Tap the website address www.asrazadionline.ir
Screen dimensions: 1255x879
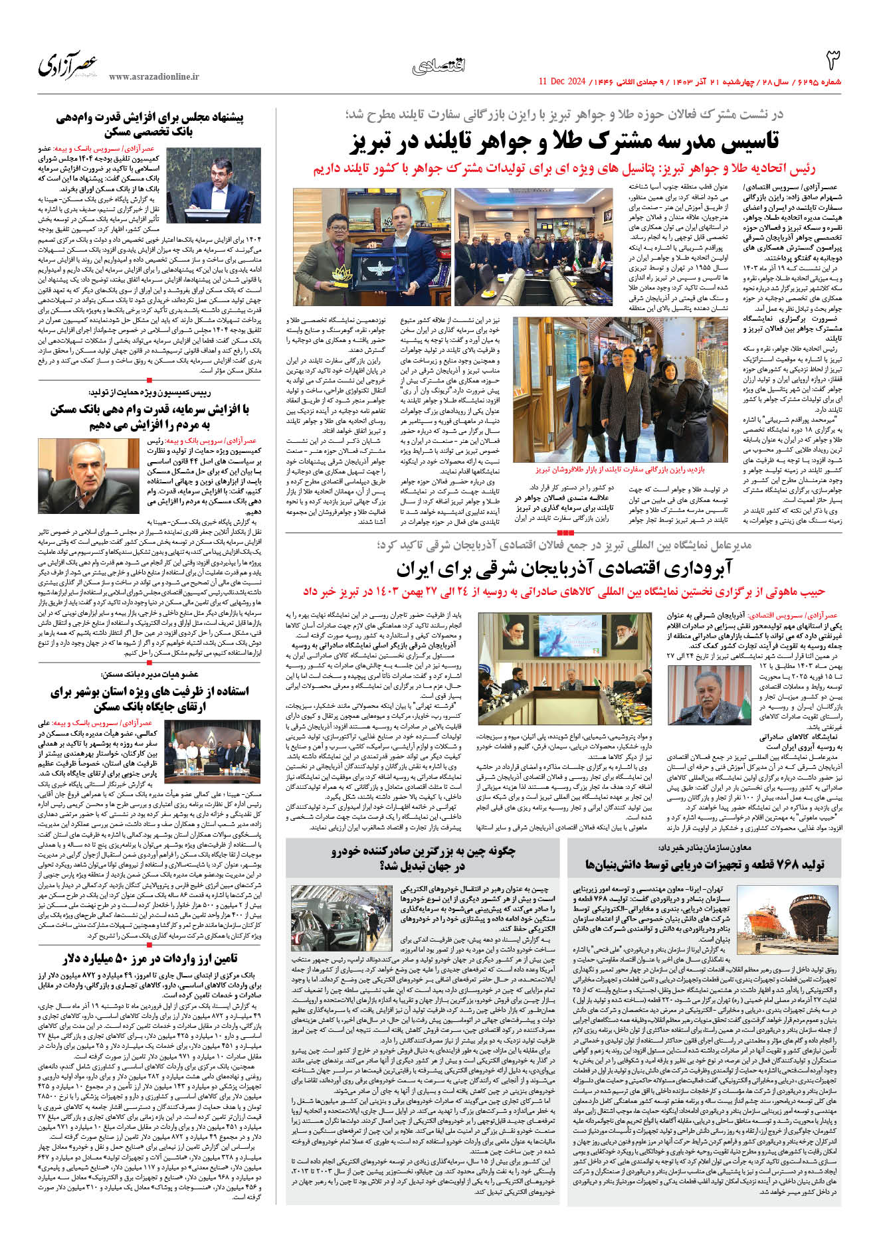coord(153,77)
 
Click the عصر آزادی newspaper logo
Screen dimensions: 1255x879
coord(68,65)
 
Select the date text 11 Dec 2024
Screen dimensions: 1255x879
coord(561,82)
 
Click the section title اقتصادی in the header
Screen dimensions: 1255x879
coord(439,65)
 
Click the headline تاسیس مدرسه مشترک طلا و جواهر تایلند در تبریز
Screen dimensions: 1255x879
coord(565,141)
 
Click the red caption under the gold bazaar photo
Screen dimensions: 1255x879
coord(620,469)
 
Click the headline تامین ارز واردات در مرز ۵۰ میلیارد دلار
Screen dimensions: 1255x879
coord(151,958)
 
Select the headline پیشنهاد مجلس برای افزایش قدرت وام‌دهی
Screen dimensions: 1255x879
coord(150,124)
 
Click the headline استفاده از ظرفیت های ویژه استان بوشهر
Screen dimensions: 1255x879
coord(150,699)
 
